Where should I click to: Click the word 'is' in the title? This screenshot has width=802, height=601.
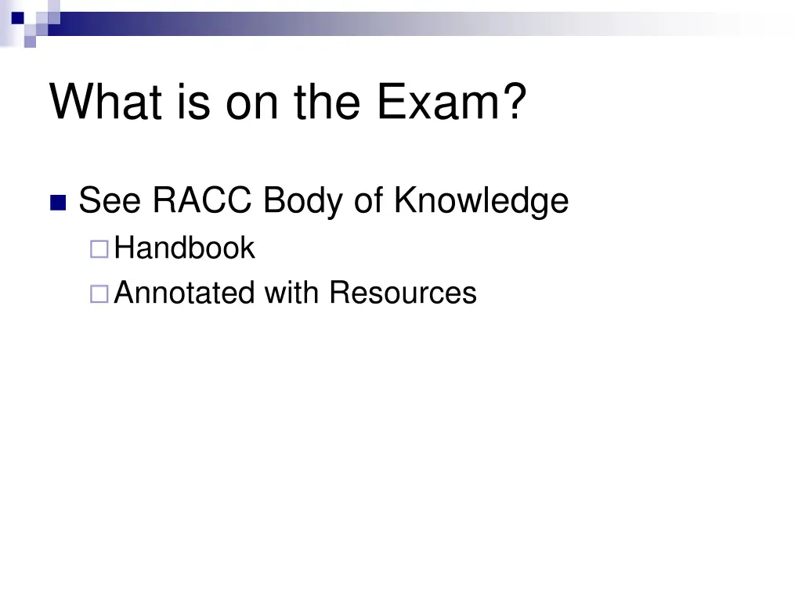(x=193, y=103)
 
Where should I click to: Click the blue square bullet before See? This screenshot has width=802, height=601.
(x=58, y=203)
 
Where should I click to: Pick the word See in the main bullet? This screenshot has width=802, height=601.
(x=110, y=200)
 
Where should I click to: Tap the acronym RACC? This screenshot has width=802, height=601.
(x=203, y=200)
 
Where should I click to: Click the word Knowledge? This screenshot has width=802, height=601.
(x=481, y=200)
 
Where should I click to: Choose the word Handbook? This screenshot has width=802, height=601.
(x=184, y=249)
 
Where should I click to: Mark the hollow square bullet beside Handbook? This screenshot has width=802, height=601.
(x=99, y=250)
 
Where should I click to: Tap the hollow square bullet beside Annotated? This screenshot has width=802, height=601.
(x=99, y=295)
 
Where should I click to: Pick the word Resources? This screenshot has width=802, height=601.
(x=403, y=293)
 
